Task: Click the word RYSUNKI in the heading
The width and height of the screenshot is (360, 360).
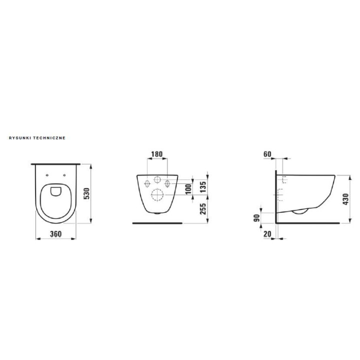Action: point(19,136)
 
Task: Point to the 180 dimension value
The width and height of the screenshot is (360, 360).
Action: point(156,154)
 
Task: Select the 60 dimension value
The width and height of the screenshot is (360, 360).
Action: point(267,154)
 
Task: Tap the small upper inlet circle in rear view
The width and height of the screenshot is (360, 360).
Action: point(157,180)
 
